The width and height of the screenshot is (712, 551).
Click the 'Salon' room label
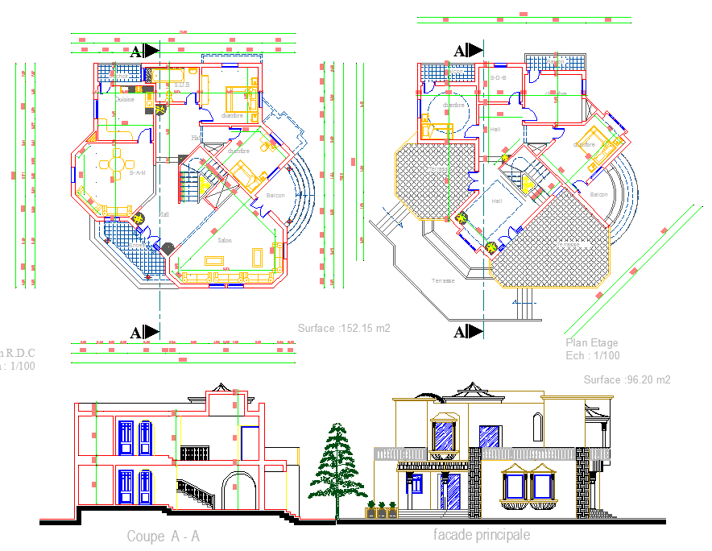(x=226, y=240)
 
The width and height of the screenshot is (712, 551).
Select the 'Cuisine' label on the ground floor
(x=126, y=100)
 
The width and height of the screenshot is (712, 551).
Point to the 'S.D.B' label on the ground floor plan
(x=181, y=84)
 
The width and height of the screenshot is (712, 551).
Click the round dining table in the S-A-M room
(x=116, y=164)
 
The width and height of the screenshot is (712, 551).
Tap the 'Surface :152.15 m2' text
(x=344, y=329)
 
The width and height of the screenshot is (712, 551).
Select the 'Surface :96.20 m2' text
(x=627, y=379)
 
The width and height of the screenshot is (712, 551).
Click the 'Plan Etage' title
(x=591, y=343)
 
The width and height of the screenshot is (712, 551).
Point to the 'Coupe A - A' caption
(x=163, y=536)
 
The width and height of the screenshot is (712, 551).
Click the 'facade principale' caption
(x=482, y=535)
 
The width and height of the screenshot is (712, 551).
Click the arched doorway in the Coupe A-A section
(x=239, y=491)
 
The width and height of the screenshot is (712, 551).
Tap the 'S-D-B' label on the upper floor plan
(x=495, y=77)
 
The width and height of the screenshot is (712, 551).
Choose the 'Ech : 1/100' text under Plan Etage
(x=593, y=355)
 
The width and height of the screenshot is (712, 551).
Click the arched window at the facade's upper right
(x=537, y=425)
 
